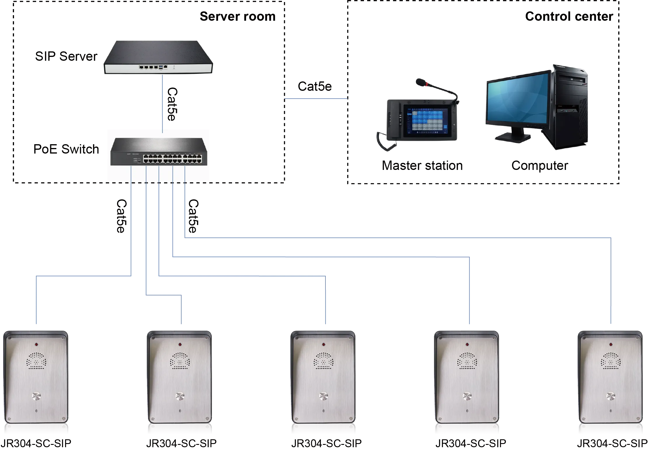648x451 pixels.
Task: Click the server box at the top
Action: click(x=158, y=57)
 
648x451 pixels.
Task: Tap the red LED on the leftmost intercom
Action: click(x=36, y=345)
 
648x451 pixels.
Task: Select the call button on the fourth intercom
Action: click(x=467, y=396)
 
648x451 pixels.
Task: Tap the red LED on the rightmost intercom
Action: click(x=611, y=345)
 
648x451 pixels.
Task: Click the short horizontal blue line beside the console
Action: click(x=316, y=99)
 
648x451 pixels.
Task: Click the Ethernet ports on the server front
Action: click(x=149, y=67)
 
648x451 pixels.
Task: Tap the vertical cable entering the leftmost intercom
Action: click(x=36, y=301)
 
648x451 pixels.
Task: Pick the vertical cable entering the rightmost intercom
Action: click(x=611, y=280)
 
